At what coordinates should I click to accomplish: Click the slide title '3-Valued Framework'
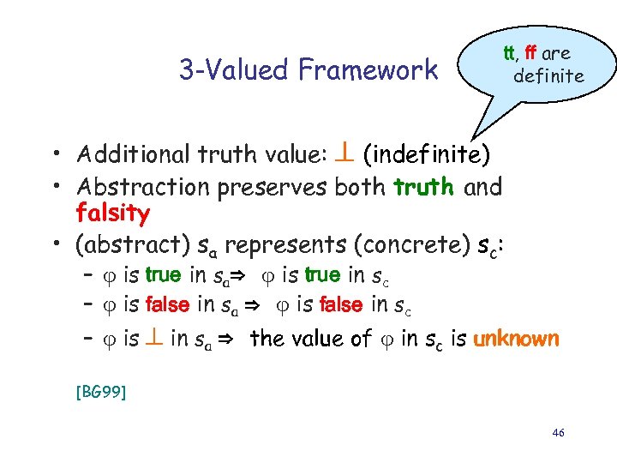[x=308, y=69]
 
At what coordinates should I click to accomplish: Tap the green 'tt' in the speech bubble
[x=508, y=53]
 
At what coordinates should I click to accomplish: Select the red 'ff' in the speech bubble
[x=530, y=53]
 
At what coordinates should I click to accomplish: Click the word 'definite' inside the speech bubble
[x=548, y=75]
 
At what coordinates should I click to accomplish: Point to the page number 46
[x=559, y=433]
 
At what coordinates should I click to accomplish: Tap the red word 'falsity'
[x=113, y=213]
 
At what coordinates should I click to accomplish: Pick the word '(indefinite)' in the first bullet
[x=427, y=155]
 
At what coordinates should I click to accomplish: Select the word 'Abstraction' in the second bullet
[x=131, y=186]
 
